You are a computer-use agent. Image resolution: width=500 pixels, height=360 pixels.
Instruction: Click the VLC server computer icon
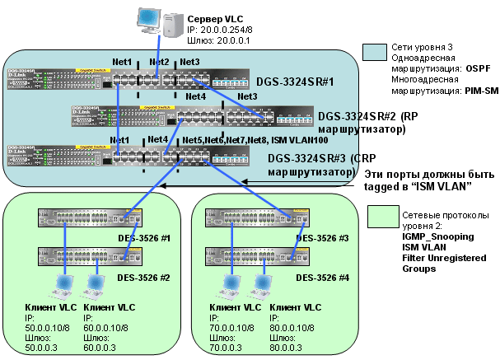tap(161, 23)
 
